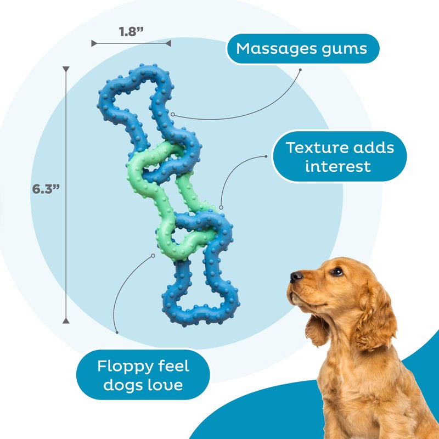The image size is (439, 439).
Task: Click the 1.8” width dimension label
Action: coord(131,31)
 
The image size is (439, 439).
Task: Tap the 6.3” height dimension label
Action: coord(46,189)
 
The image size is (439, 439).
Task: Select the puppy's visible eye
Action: coord(336,271)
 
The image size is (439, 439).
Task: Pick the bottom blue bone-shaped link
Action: coord(201,285)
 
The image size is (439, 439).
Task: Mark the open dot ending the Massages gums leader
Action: coord(173,115)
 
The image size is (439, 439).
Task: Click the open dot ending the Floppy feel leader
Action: coord(154,255)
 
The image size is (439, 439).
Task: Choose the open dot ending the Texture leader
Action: coord(221,208)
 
